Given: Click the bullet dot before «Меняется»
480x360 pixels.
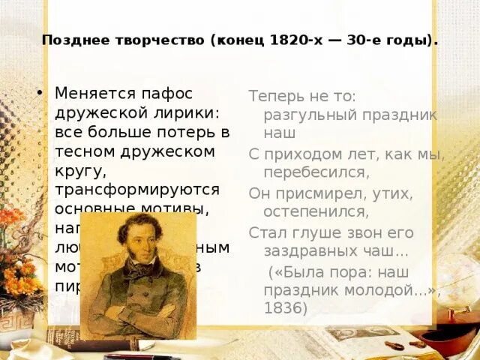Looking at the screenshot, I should (39, 94).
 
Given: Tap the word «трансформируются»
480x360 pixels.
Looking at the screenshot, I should (136, 190).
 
